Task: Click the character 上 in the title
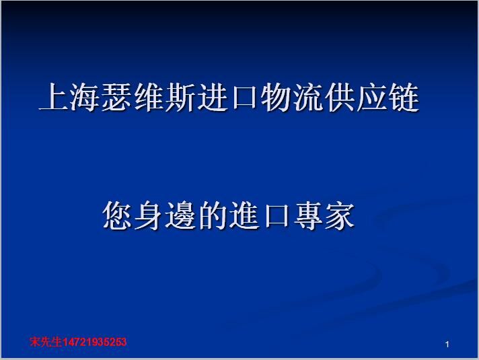pyautogui.click(x=53, y=97)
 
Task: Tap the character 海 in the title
pyautogui.click(x=85, y=97)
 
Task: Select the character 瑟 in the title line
pyautogui.click(x=116, y=97)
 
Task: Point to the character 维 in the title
pyautogui.click(x=149, y=97)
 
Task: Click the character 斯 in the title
pyautogui.click(x=180, y=97)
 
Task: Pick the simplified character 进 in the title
pyautogui.click(x=212, y=97)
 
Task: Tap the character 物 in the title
pyautogui.click(x=276, y=97)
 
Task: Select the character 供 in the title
pyautogui.click(x=339, y=97)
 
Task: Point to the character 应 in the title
pyautogui.click(x=371, y=97)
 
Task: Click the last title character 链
pyautogui.click(x=403, y=97)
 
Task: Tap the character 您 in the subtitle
pyautogui.click(x=117, y=215)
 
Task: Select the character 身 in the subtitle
pyautogui.click(x=149, y=215)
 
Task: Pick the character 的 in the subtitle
pyautogui.click(x=213, y=215)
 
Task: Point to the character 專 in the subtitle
pyautogui.click(x=308, y=215)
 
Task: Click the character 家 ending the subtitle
pyautogui.click(x=340, y=215)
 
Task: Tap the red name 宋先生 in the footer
pyautogui.click(x=46, y=342)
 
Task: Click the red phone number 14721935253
pyautogui.click(x=94, y=342)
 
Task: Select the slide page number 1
pyautogui.click(x=447, y=345)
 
